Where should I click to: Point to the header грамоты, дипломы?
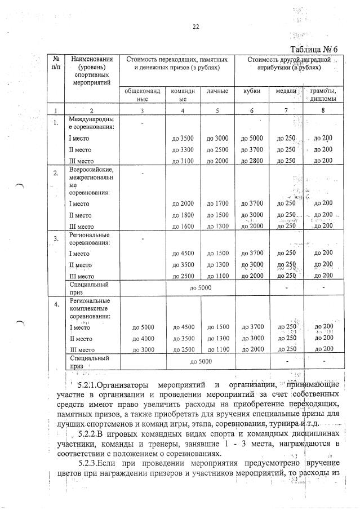323,94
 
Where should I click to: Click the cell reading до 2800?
252,161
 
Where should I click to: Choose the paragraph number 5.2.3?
76,465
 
